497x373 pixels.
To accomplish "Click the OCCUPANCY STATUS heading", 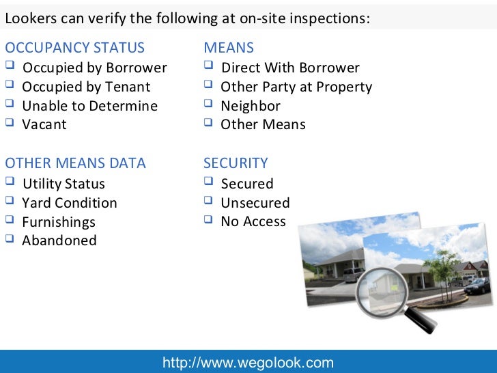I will coord(75,48).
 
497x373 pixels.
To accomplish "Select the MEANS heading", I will coord(229,48).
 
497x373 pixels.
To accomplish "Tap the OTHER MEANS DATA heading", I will coord(75,163).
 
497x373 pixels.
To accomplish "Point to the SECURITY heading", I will coord(236,163).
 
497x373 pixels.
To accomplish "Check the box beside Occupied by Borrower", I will coord(10,67).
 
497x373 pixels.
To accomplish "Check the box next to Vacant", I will coord(10,124).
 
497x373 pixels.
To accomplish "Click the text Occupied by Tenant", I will coord(86,87).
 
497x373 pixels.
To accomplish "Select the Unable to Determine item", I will coord(89,106).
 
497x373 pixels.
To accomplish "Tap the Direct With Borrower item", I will coord(290,68).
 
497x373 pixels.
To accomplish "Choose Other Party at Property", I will coord(296,87).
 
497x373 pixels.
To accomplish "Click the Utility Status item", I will coord(63,184).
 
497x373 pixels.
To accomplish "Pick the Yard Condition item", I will coord(70,203).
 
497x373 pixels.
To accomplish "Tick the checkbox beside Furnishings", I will coord(10,221).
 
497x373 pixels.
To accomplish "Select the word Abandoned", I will coord(59,240).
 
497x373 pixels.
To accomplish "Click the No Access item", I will coord(253,221).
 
